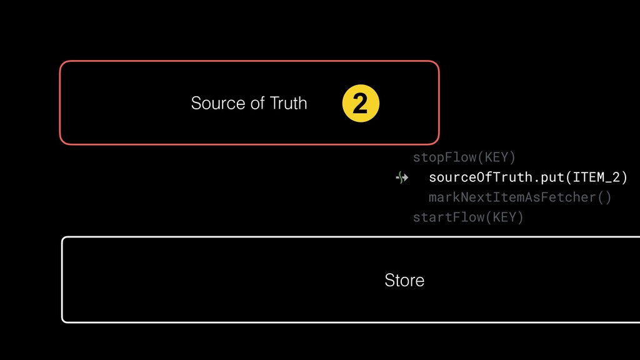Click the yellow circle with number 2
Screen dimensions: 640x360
pyautogui.click(x=361, y=104)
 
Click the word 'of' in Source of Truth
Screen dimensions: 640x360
pyautogui.click(x=257, y=103)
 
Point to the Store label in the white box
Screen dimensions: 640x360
pyautogui.click(x=404, y=280)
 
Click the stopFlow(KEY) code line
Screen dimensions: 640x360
pyautogui.click(x=464, y=157)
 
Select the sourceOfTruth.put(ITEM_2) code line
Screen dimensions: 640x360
pyautogui.click(x=527, y=177)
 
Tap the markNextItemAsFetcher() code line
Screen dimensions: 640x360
pyautogui.click(x=519, y=197)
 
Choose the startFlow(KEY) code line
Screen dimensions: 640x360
pyautogui.click(x=467, y=217)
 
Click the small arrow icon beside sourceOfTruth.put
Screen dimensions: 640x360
pyautogui.click(x=402, y=178)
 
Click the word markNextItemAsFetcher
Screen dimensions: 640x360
pyautogui.click(x=512, y=197)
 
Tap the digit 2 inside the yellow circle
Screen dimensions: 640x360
pyautogui.click(x=361, y=104)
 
